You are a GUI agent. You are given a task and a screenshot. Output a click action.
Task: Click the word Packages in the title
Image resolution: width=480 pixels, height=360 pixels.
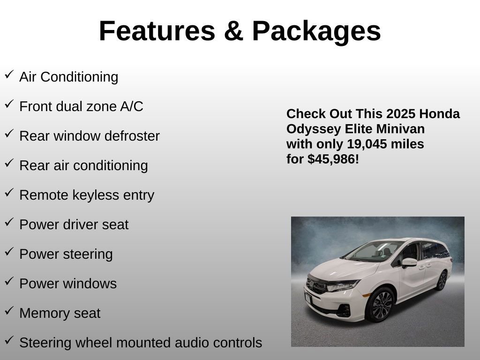coord(316,31)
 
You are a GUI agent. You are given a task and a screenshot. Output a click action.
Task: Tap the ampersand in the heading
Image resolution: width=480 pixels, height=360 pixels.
coord(233,31)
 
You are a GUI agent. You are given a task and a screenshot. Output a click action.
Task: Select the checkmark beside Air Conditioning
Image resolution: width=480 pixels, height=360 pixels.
coord(9,75)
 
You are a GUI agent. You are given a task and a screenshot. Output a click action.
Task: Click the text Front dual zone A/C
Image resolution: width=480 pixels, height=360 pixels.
coord(81,106)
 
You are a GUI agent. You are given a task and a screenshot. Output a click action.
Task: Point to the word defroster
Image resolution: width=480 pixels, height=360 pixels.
coord(132,136)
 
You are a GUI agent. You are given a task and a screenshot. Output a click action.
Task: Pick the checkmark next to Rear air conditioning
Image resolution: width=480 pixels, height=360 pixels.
coord(9,163)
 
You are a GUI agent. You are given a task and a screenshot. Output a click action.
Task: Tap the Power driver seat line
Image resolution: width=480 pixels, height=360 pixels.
coord(74,225)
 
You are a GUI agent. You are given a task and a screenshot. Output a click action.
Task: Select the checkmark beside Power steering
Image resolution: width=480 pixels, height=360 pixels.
coord(9,252)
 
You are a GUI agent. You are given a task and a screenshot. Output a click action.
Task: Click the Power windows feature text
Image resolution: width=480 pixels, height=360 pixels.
coord(68,284)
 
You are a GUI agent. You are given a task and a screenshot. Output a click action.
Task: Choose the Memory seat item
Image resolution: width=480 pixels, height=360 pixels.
coord(60,313)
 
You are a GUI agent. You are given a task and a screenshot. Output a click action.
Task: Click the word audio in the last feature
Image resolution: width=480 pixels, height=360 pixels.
coord(192,343)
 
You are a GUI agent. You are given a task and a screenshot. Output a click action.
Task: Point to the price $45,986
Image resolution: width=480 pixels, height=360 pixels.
coord(333,159)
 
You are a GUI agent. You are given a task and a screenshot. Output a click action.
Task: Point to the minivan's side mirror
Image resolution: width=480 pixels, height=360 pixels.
coord(408,262)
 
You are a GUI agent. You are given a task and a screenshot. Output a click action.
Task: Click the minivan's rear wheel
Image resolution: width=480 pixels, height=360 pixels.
coord(442,280)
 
